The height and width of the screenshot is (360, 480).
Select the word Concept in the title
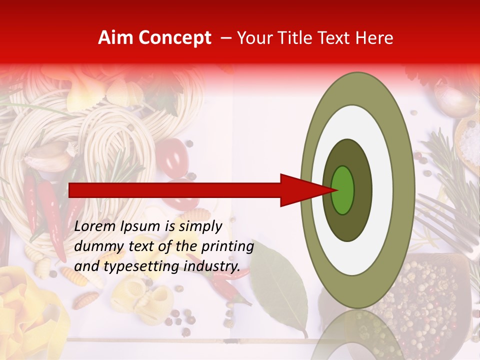tap(175, 38)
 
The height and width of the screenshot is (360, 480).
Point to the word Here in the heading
tap(375, 38)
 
